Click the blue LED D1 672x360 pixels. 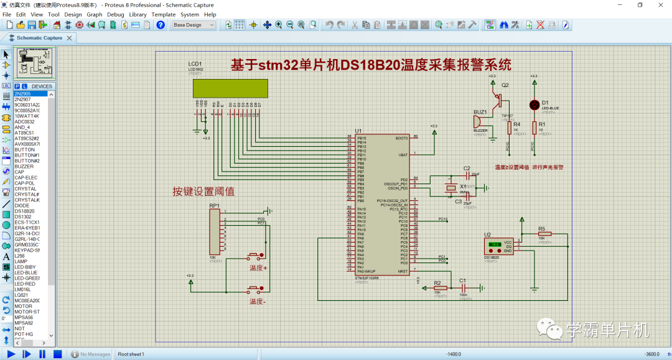pyautogui.click(x=533, y=104)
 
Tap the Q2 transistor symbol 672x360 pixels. pyautogui.click(x=498, y=98)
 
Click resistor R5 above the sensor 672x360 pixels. pyautogui.click(x=541, y=234)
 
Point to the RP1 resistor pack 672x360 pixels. pyautogui.click(x=215, y=231)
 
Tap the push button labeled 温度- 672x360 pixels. pyautogui.click(x=256, y=289)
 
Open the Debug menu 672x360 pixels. pyautogui.click(x=115, y=14)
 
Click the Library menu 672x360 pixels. pyautogui.click(x=138, y=14)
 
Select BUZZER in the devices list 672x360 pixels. pyautogui.click(x=24, y=166)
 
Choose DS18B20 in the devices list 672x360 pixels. pyautogui.click(x=26, y=211)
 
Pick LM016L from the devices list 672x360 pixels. pyautogui.click(x=23, y=289)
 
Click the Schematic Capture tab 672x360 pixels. pyautogui.click(x=39, y=38)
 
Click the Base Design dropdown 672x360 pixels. pyautogui.click(x=194, y=25)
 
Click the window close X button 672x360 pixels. pyautogui.click(x=660, y=5)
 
